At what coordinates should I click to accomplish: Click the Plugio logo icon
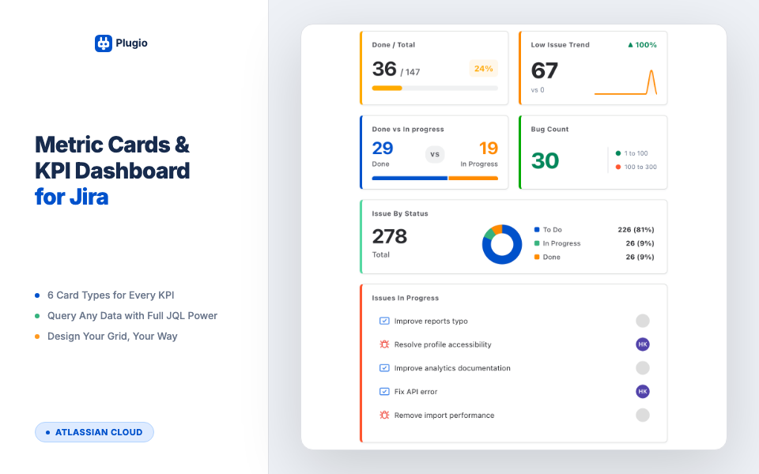pyautogui.click(x=104, y=43)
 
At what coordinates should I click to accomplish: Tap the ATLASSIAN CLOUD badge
pyautogui.click(x=94, y=432)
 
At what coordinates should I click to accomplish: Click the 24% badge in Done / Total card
pyautogui.click(x=483, y=69)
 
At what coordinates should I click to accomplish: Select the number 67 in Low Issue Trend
pyautogui.click(x=545, y=71)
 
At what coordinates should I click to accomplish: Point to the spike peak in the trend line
pyautogui.click(x=651, y=72)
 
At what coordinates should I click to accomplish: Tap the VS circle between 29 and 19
pyautogui.click(x=435, y=154)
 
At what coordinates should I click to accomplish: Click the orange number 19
pyautogui.click(x=488, y=149)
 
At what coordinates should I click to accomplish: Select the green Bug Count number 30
pyautogui.click(x=545, y=160)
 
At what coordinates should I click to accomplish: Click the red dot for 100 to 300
pyautogui.click(x=618, y=167)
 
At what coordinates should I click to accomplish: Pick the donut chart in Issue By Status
pyautogui.click(x=502, y=244)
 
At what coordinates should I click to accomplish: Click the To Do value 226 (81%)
pyautogui.click(x=636, y=230)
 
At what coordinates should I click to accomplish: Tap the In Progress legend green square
pyautogui.click(x=537, y=243)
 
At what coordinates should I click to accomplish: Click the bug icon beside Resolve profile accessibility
pyautogui.click(x=384, y=344)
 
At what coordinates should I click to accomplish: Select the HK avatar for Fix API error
pyautogui.click(x=643, y=391)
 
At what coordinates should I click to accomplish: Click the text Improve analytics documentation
pyautogui.click(x=452, y=368)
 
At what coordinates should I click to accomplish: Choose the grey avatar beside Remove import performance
pyautogui.click(x=643, y=415)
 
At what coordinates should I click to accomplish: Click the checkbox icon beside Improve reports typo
pyautogui.click(x=384, y=321)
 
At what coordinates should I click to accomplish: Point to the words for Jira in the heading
pyautogui.click(x=71, y=197)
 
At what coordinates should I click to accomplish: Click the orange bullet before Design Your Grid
pyautogui.click(x=37, y=337)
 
